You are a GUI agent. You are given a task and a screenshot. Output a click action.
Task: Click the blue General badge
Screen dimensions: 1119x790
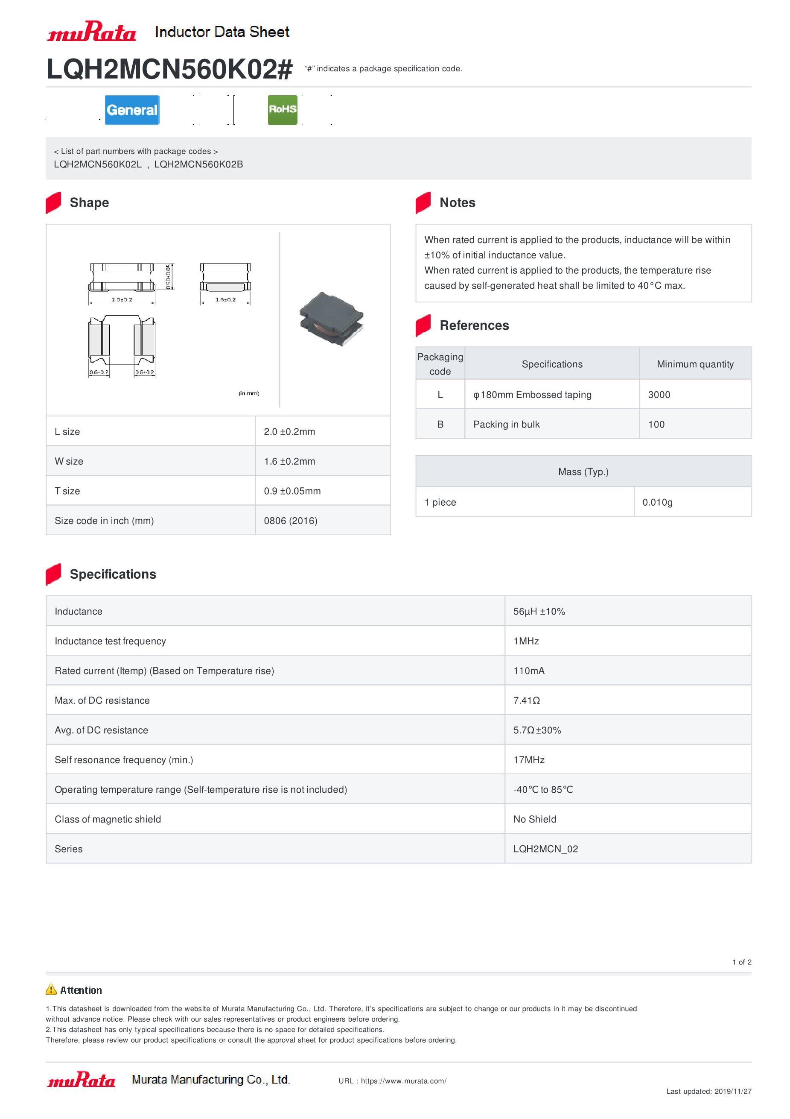(132, 110)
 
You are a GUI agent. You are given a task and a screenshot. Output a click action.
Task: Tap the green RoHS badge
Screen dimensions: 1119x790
(283, 110)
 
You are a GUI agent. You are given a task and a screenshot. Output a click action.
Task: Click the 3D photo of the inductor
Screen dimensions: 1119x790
(332, 319)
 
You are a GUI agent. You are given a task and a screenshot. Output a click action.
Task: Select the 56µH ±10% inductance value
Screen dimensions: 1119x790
(539, 611)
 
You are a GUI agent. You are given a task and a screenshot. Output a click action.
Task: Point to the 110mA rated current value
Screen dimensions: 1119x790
(529, 671)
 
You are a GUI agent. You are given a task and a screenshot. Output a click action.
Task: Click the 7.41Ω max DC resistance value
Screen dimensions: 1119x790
(527, 700)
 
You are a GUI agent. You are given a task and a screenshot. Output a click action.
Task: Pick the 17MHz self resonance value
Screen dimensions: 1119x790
(529, 760)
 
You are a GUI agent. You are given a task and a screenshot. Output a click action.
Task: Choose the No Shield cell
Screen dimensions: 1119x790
(535, 819)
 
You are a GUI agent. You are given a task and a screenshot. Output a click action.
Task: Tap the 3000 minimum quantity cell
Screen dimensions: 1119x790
(659, 395)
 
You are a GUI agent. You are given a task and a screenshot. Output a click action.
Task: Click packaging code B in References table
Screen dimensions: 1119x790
(440, 424)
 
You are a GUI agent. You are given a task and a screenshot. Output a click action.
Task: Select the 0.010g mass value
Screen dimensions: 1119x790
(658, 502)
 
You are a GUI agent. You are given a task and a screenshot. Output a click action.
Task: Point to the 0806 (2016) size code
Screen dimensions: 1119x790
(291, 521)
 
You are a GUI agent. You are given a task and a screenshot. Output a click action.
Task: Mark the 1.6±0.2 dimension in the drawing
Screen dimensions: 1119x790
(225, 299)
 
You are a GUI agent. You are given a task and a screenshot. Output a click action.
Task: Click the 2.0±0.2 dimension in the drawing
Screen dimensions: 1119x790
(122, 299)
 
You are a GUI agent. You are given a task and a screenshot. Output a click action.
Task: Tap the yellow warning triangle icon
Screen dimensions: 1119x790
(51, 989)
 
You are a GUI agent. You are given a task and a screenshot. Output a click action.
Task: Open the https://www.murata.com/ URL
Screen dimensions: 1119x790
(404, 1081)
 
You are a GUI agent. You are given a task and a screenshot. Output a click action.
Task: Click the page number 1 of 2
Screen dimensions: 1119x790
(742, 962)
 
